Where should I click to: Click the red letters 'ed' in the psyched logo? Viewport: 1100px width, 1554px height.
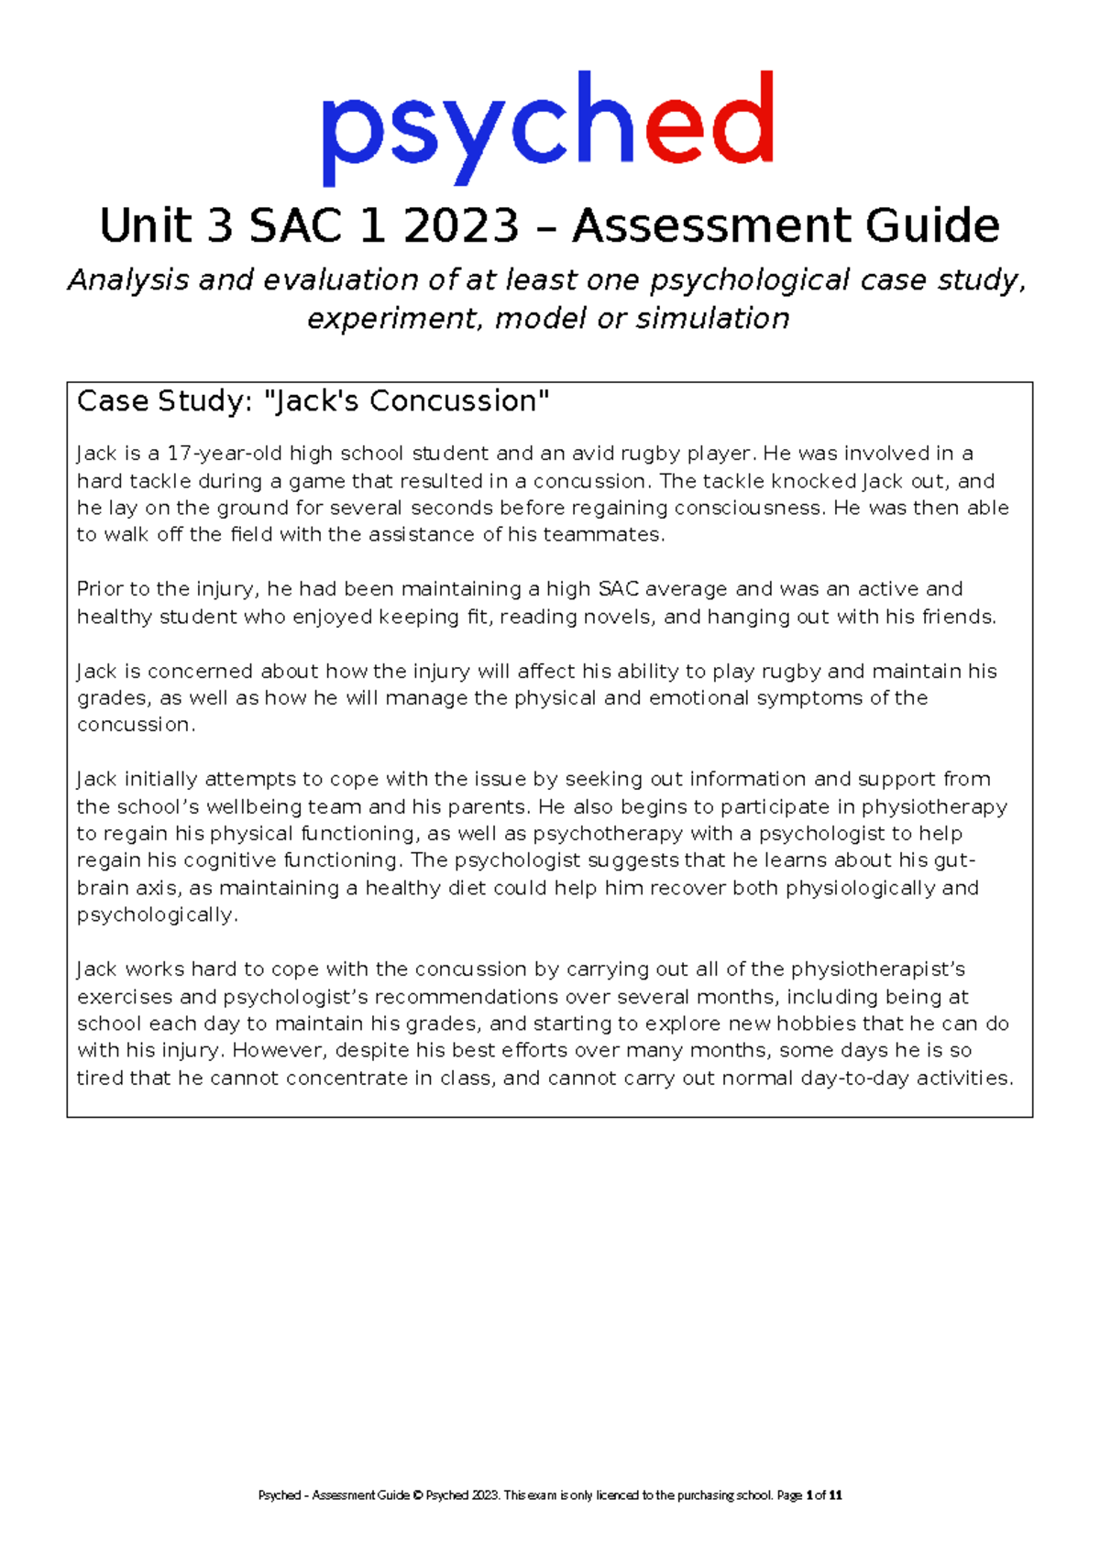709,121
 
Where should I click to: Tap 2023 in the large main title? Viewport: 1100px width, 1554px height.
461,226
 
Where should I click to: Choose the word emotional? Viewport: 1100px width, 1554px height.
699,698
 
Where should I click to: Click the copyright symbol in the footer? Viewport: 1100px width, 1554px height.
417,1495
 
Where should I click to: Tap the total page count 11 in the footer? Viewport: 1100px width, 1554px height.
835,1495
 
